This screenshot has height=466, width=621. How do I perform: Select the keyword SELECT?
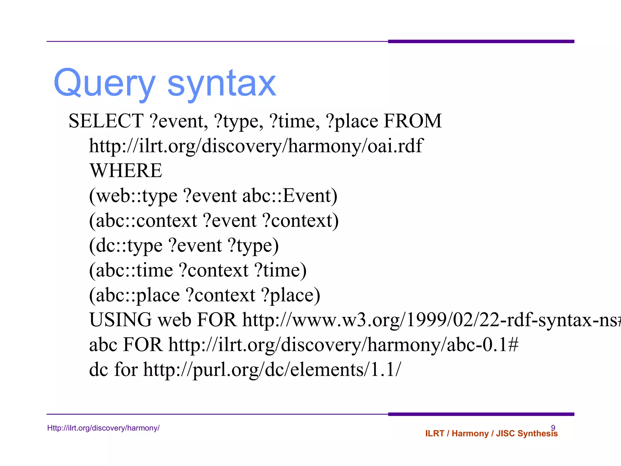click(106, 121)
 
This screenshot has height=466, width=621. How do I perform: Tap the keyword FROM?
click(413, 121)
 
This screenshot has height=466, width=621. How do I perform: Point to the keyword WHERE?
click(126, 171)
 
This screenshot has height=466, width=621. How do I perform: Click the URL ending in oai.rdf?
click(256, 146)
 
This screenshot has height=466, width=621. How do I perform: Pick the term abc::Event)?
click(290, 196)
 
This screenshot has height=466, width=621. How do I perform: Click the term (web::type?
click(133, 196)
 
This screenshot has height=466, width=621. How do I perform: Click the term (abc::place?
click(134, 295)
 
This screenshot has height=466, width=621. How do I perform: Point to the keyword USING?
click(120, 320)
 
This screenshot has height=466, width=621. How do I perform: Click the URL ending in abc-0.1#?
click(344, 345)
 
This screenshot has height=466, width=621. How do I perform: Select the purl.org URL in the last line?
click(272, 370)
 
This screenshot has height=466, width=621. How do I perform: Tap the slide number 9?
click(553, 428)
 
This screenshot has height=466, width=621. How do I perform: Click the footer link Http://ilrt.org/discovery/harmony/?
click(103, 428)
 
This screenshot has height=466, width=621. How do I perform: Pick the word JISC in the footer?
click(505, 434)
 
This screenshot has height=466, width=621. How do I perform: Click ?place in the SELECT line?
click(352, 121)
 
